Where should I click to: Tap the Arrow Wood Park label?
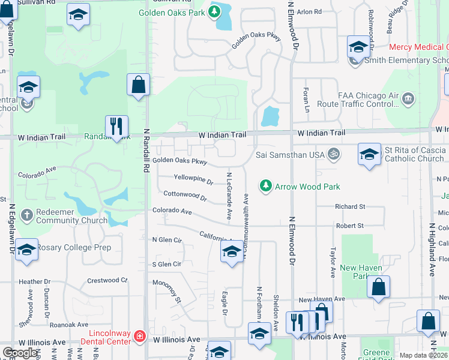(x=307, y=187)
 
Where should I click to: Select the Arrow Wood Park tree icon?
(x=265, y=187)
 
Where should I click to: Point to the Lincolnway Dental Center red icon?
(x=139, y=336)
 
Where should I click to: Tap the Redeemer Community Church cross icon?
(x=26, y=214)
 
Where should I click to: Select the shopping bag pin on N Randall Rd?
(x=138, y=85)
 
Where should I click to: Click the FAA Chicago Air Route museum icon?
(x=408, y=98)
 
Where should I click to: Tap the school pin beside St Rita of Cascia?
(x=370, y=154)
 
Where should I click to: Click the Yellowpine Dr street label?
(x=193, y=179)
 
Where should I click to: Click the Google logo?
(x=20, y=353)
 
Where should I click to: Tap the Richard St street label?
(x=350, y=206)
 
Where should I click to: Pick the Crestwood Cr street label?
(x=107, y=280)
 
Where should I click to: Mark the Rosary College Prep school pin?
(x=26, y=251)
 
